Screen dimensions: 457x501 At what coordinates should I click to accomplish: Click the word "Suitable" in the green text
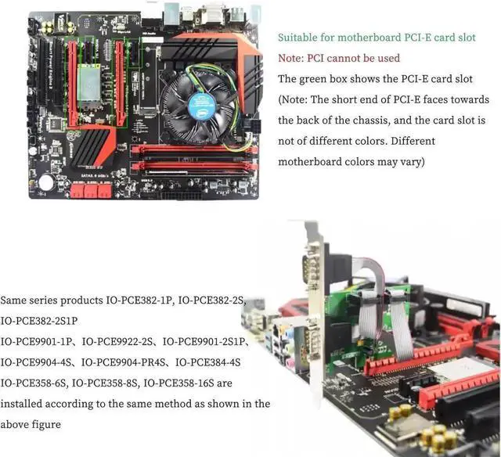[298, 37]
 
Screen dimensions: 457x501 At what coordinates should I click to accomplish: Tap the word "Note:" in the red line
[293, 58]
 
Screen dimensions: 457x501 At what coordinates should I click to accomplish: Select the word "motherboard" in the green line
[375, 37]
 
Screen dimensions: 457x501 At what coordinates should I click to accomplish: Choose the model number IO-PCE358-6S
[34, 383]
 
